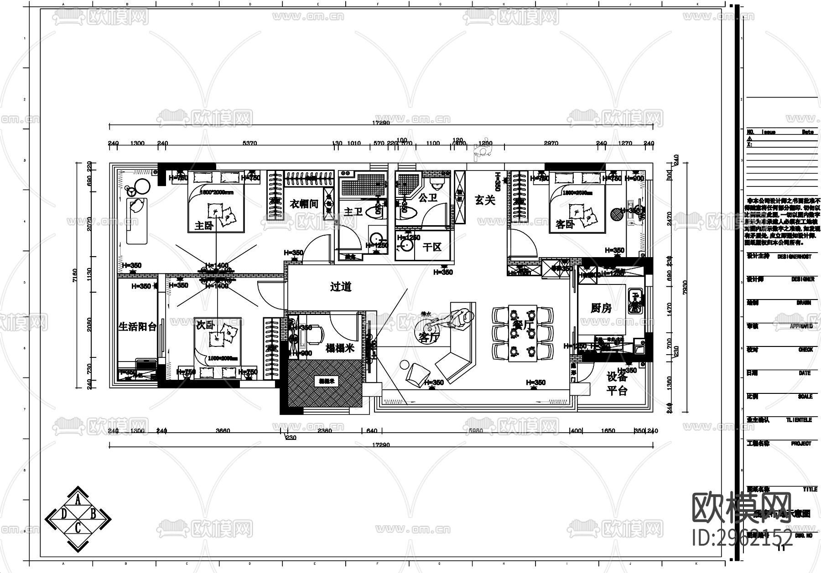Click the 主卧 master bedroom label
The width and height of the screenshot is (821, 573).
tap(204, 225)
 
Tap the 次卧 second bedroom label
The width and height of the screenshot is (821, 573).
tap(205, 325)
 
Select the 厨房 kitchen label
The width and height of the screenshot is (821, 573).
tap(601, 308)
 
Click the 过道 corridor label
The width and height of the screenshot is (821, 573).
tap(341, 287)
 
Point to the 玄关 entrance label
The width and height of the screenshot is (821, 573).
tap(484, 200)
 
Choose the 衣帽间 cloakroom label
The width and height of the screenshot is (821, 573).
tap(304, 203)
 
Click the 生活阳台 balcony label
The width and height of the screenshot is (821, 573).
tap(137, 326)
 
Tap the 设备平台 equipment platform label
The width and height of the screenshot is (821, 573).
tap(617, 384)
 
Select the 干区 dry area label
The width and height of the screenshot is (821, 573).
tap(432, 247)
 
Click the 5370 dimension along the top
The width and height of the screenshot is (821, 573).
tap(249, 143)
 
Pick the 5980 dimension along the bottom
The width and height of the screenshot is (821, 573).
tap(476, 430)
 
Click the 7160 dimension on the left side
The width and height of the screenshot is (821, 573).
tap(75, 275)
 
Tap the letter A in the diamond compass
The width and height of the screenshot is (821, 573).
tap(78, 501)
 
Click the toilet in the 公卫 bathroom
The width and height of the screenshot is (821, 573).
tap(437, 183)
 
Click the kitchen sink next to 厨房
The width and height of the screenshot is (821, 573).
tap(634, 301)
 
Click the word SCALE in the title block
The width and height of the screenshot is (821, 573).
tap(805, 397)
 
